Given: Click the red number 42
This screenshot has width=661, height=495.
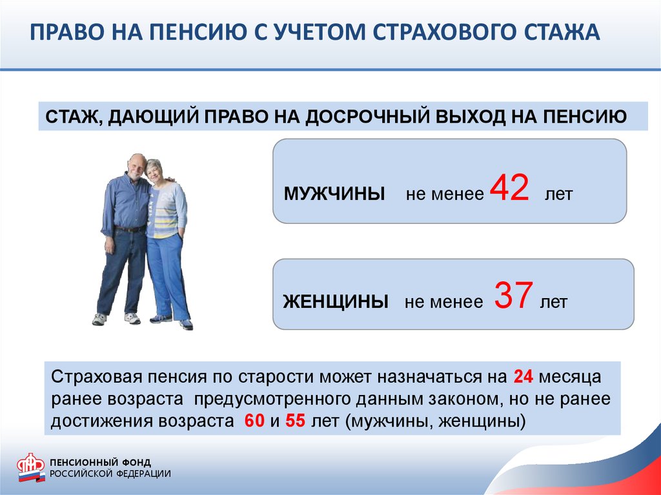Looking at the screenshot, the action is (509, 188).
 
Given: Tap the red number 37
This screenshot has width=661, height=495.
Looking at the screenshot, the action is (513, 295).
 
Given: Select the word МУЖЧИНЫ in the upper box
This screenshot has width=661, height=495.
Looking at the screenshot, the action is (334, 194).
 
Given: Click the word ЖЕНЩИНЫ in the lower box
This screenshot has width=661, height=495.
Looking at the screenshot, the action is (336, 302).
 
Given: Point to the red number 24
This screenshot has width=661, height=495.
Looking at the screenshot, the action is (523, 376).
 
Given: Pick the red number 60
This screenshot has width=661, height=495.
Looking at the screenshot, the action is (254, 421).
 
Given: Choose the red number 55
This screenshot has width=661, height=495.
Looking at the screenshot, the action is (295, 421).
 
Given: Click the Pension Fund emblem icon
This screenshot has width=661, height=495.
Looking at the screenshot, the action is (31, 467).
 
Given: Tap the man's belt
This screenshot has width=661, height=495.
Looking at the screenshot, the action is (130, 229).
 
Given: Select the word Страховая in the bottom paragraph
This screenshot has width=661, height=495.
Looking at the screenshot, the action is (96, 376).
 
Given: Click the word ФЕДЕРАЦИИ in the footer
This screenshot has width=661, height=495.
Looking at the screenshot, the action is (143, 474).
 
